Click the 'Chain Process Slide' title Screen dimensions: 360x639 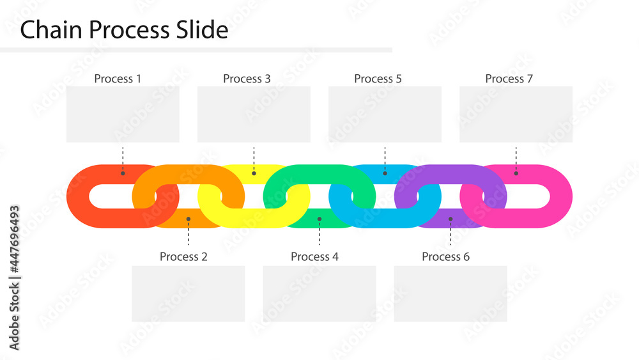(124, 30)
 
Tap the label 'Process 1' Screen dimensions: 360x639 (118, 79)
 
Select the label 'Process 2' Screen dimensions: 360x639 (183, 256)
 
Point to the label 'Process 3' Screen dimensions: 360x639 (247, 79)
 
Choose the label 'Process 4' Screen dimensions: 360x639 (314, 256)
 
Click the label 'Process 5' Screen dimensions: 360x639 (378, 79)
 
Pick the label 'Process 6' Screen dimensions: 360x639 (445, 256)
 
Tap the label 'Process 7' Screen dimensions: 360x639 (509, 79)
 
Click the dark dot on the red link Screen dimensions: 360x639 (123, 173)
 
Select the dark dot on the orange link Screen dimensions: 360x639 (188, 219)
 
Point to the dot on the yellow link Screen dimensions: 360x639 (254, 173)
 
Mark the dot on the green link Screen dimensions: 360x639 (319, 219)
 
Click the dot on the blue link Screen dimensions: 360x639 (385, 173)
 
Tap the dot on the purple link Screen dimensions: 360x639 (450, 219)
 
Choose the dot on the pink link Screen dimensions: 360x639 (516, 173)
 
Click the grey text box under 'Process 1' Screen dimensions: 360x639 (123, 114)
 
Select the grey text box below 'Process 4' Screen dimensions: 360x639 (319, 293)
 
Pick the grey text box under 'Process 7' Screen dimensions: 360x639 (516, 114)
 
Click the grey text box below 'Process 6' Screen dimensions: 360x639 (450, 293)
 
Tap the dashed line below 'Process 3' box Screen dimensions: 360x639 (254, 155)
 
